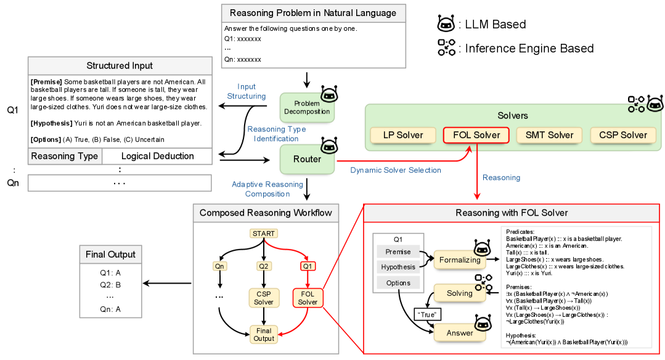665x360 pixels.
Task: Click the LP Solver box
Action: [x=403, y=135]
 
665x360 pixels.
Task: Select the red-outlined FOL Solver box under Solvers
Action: [x=476, y=135]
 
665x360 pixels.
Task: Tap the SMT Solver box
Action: [x=549, y=135]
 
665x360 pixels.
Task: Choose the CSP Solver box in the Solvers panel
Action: [x=622, y=135]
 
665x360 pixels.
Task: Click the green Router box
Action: [x=307, y=159]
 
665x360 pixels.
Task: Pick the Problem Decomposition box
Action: [x=307, y=107]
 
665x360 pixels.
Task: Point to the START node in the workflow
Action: [x=264, y=234]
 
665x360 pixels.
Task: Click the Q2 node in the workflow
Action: [x=264, y=266]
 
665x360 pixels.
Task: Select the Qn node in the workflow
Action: [x=219, y=266]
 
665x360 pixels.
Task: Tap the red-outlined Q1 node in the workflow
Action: [x=308, y=266]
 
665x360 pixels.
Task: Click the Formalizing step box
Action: [x=459, y=260]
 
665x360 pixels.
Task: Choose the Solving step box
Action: [x=459, y=293]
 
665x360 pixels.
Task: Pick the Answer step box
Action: [x=459, y=333]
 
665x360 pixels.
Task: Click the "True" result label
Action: [x=426, y=314]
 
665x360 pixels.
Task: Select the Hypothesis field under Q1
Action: [x=398, y=267]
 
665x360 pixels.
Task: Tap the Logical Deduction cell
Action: [x=157, y=156]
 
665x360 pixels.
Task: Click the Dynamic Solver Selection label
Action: [x=395, y=170]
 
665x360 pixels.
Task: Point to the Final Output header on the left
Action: [x=110, y=255]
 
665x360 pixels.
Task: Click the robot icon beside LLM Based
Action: [x=446, y=24]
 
